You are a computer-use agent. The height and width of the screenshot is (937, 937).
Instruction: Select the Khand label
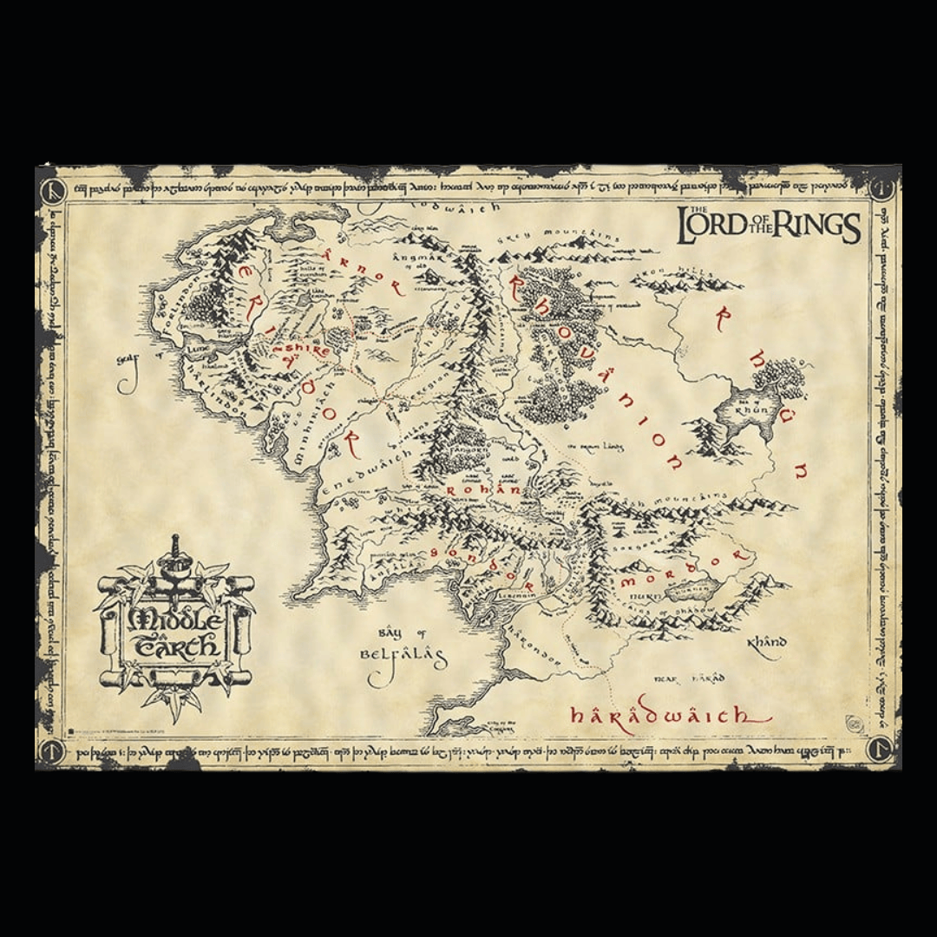(x=766, y=643)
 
